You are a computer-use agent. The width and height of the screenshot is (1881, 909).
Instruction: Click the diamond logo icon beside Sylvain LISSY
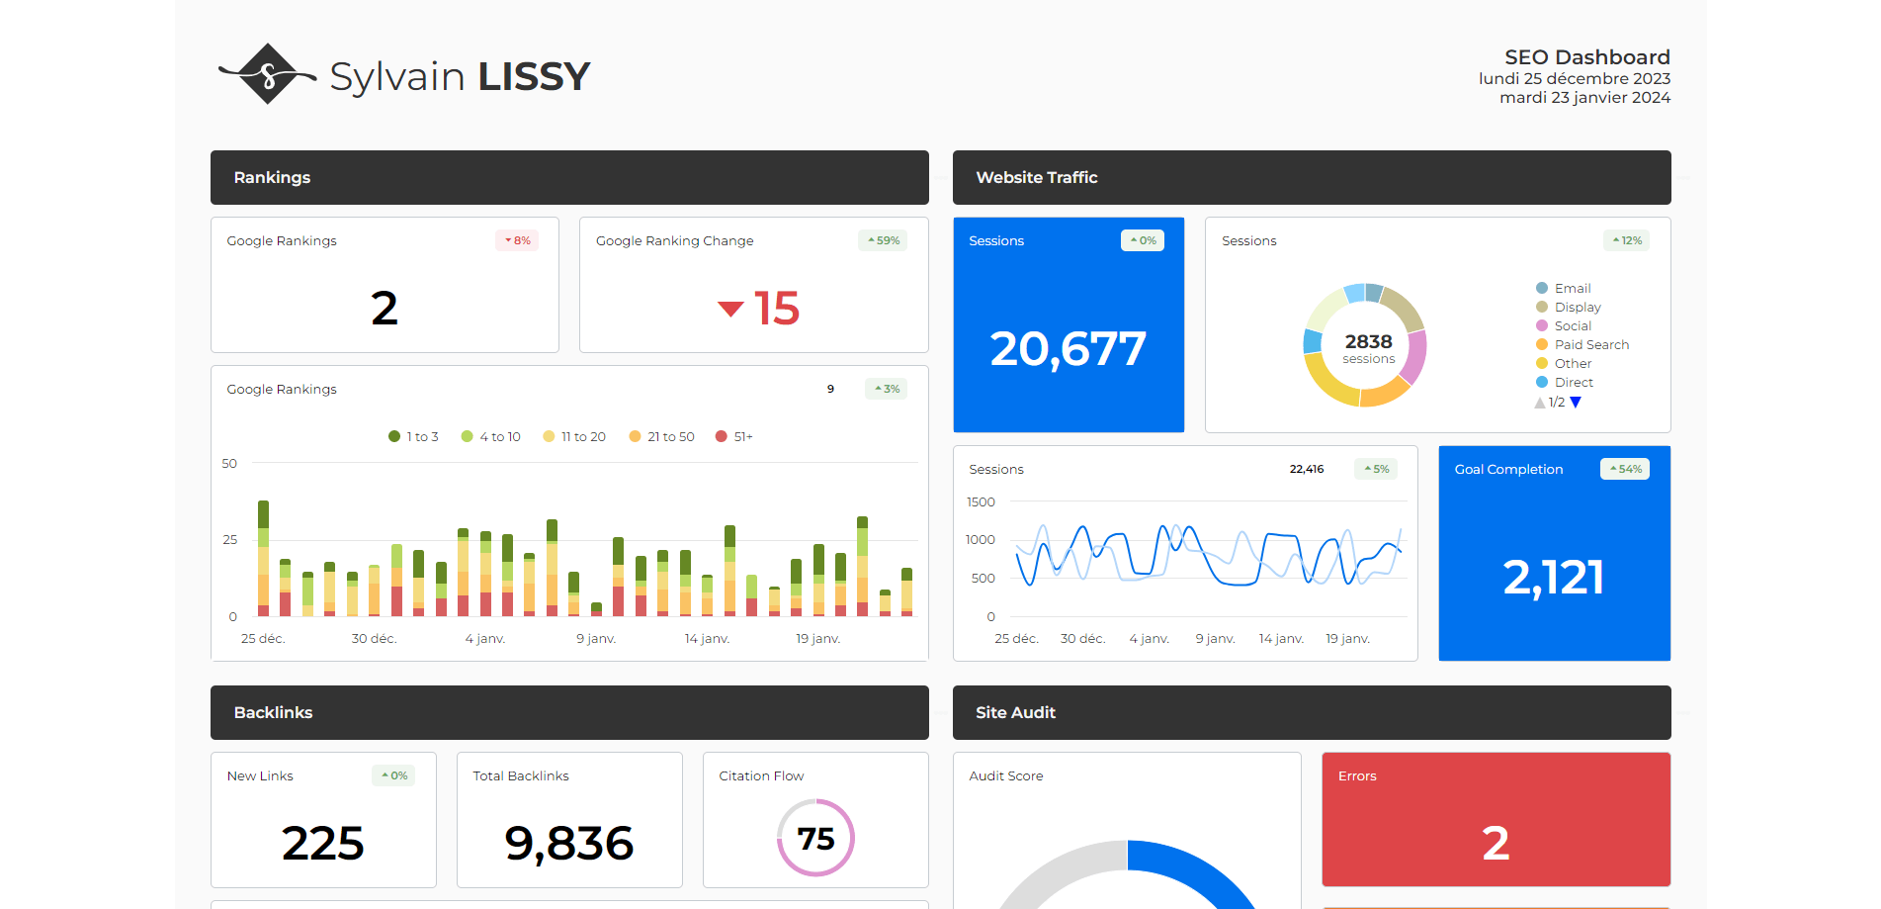click(x=268, y=74)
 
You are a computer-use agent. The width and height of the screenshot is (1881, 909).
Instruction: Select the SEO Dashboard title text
click(x=1586, y=57)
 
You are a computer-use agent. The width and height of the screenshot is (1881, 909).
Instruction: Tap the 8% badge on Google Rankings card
click(x=517, y=240)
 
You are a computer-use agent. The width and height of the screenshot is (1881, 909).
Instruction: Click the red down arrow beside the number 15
click(x=730, y=309)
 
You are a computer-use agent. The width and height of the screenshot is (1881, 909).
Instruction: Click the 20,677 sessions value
click(x=1068, y=349)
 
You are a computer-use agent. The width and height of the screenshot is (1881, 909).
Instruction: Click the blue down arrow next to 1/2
click(x=1576, y=403)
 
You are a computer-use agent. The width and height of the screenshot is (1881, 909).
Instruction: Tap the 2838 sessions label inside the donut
click(x=1368, y=347)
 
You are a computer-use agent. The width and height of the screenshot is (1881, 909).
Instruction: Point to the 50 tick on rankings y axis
click(x=229, y=464)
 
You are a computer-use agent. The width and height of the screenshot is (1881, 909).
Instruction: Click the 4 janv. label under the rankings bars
click(x=485, y=639)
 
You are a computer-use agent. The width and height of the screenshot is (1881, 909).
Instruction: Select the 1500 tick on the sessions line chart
click(x=981, y=502)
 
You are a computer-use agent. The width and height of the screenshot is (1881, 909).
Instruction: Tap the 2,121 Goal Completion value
click(x=1553, y=578)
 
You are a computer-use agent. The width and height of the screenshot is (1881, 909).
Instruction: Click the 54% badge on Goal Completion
click(x=1625, y=469)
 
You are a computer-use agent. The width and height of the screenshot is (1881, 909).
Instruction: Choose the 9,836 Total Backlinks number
click(x=568, y=844)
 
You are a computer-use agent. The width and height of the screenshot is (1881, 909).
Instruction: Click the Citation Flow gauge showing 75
click(x=815, y=838)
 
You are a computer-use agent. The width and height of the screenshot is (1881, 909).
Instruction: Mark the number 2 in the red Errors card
click(x=1496, y=843)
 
